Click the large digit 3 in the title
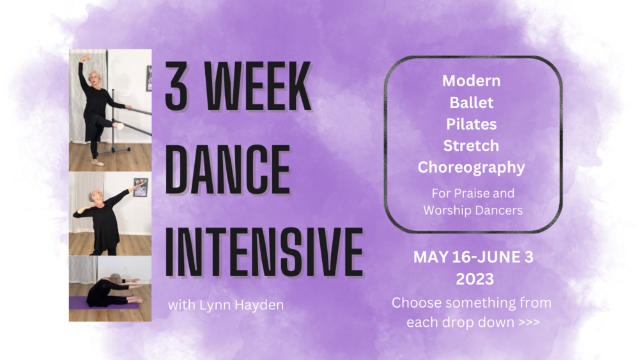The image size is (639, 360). click(176, 86)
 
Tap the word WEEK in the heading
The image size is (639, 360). click(258, 86)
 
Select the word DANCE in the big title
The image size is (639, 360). click(227, 169)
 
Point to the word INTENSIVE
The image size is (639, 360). click(264, 252)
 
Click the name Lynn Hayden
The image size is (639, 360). click(242, 305)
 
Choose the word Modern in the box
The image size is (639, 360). click(472, 81)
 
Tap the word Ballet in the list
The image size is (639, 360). click(472, 102)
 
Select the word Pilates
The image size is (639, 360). click(472, 124)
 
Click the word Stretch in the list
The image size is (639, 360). click(471, 146)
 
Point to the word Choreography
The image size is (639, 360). click(472, 168)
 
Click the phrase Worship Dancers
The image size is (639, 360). click(473, 210)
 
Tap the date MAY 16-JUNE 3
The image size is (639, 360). click(473, 257)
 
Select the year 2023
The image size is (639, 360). click(475, 279)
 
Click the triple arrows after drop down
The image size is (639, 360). click(529, 322)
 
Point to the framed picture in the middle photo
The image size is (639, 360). click(141, 187)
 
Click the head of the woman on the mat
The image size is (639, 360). click(115, 278)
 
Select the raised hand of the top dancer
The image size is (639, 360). click(85, 58)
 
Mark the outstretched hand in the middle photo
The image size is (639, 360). click(141, 185)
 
